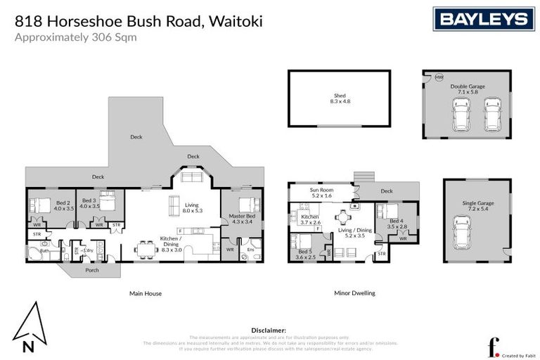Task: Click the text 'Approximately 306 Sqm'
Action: pyautogui.click(x=76, y=37)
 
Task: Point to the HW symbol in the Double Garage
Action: pyautogui.click(x=439, y=77)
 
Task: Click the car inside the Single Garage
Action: pyautogui.click(x=461, y=232)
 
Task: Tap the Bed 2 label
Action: pyautogui.click(x=63, y=205)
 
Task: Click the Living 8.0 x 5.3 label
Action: pyautogui.click(x=193, y=207)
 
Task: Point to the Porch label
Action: pyautogui.click(x=92, y=269)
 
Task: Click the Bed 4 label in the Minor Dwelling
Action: pyautogui.click(x=398, y=224)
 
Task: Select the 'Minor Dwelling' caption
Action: pyautogui.click(x=354, y=293)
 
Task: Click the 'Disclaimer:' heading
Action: pyautogui.click(x=269, y=329)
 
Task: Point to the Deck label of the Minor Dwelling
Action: pyautogui.click(x=386, y=191)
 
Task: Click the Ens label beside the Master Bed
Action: pyautogui.click(x=250, y=248)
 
